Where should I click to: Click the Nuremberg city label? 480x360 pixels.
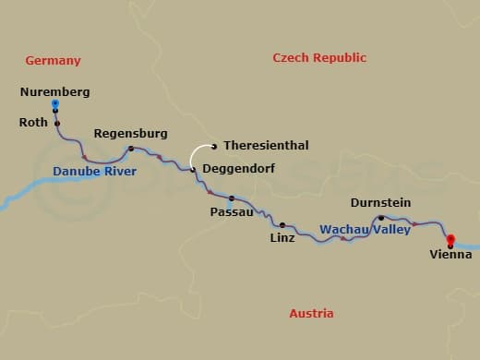point(54,92)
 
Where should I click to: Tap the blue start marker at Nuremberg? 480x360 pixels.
point(55,104)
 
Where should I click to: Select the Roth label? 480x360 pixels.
point(33,122)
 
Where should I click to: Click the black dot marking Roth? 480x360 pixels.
point(56,123)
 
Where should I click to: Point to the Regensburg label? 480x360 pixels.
point(130,134)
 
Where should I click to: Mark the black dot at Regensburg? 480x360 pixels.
point(130,149)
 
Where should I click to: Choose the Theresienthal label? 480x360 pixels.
point(266,146)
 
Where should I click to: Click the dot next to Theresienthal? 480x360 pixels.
point(214,145)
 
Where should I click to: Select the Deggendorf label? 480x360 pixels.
point(238,169)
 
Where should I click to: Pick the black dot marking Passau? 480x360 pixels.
point(232,198)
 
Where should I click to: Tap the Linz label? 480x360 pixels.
point(282,238)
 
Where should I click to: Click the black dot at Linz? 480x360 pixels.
point(282,224)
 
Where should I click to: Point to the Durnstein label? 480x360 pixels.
point(380,203)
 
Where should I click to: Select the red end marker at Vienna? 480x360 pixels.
point(450,240)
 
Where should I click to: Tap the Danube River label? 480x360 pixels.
point(94,172)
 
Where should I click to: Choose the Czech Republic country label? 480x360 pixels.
point(319,58)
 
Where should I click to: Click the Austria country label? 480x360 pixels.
point(311,314)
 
